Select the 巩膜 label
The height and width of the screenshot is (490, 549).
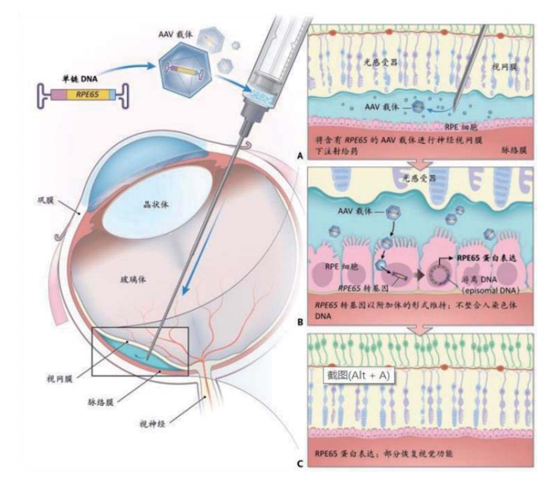pyautogui.click(x=34, y=203)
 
